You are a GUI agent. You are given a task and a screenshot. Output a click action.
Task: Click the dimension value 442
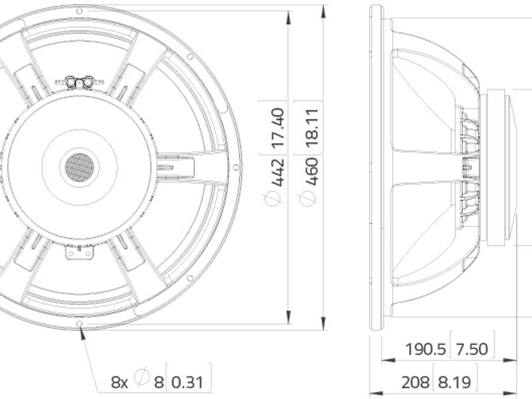coord(278,172)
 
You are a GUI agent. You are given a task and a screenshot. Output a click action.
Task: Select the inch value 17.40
coord(278,127)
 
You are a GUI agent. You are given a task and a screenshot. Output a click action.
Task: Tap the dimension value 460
coord(312,171)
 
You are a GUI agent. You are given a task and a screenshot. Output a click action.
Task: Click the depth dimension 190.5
coord(426,349)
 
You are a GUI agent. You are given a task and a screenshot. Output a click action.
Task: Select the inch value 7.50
coord(472,349)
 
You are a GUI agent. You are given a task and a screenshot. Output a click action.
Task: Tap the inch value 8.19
coord(455,382)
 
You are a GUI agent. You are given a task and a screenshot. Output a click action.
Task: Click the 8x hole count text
coord(119,382)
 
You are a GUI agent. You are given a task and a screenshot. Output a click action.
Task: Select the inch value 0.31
coord(187,382)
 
